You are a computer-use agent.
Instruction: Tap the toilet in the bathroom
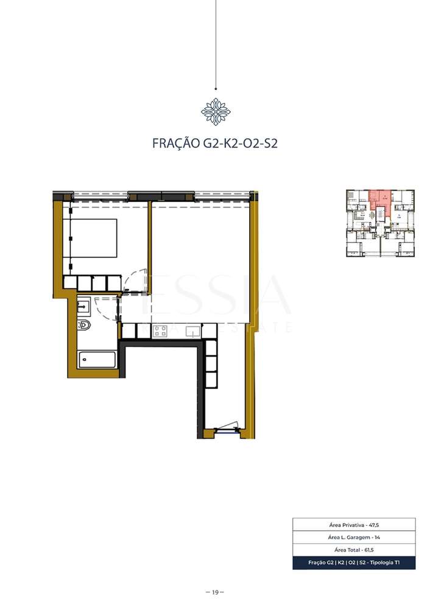click(x=84, y=324)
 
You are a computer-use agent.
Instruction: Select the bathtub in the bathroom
click(x=97, y=359)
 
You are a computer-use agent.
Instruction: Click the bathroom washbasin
click(x=83, y=306)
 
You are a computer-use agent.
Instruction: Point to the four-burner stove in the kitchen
click(x=160, y=331)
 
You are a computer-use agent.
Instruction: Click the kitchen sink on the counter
click(x=193, y=331)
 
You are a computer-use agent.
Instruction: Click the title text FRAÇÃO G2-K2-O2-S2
click(x=214, y=144)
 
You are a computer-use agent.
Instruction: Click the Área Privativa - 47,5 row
click(x=354, y=524)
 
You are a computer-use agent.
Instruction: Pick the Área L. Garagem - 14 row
click(x=354, y=537)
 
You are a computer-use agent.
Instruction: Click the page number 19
click(x=215, y=592)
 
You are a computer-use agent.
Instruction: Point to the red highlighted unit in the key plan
click(x=379, y=198)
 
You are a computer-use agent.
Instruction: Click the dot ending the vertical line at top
click(x=216, y=88)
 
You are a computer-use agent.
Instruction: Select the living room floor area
click(x=201, y=262)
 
